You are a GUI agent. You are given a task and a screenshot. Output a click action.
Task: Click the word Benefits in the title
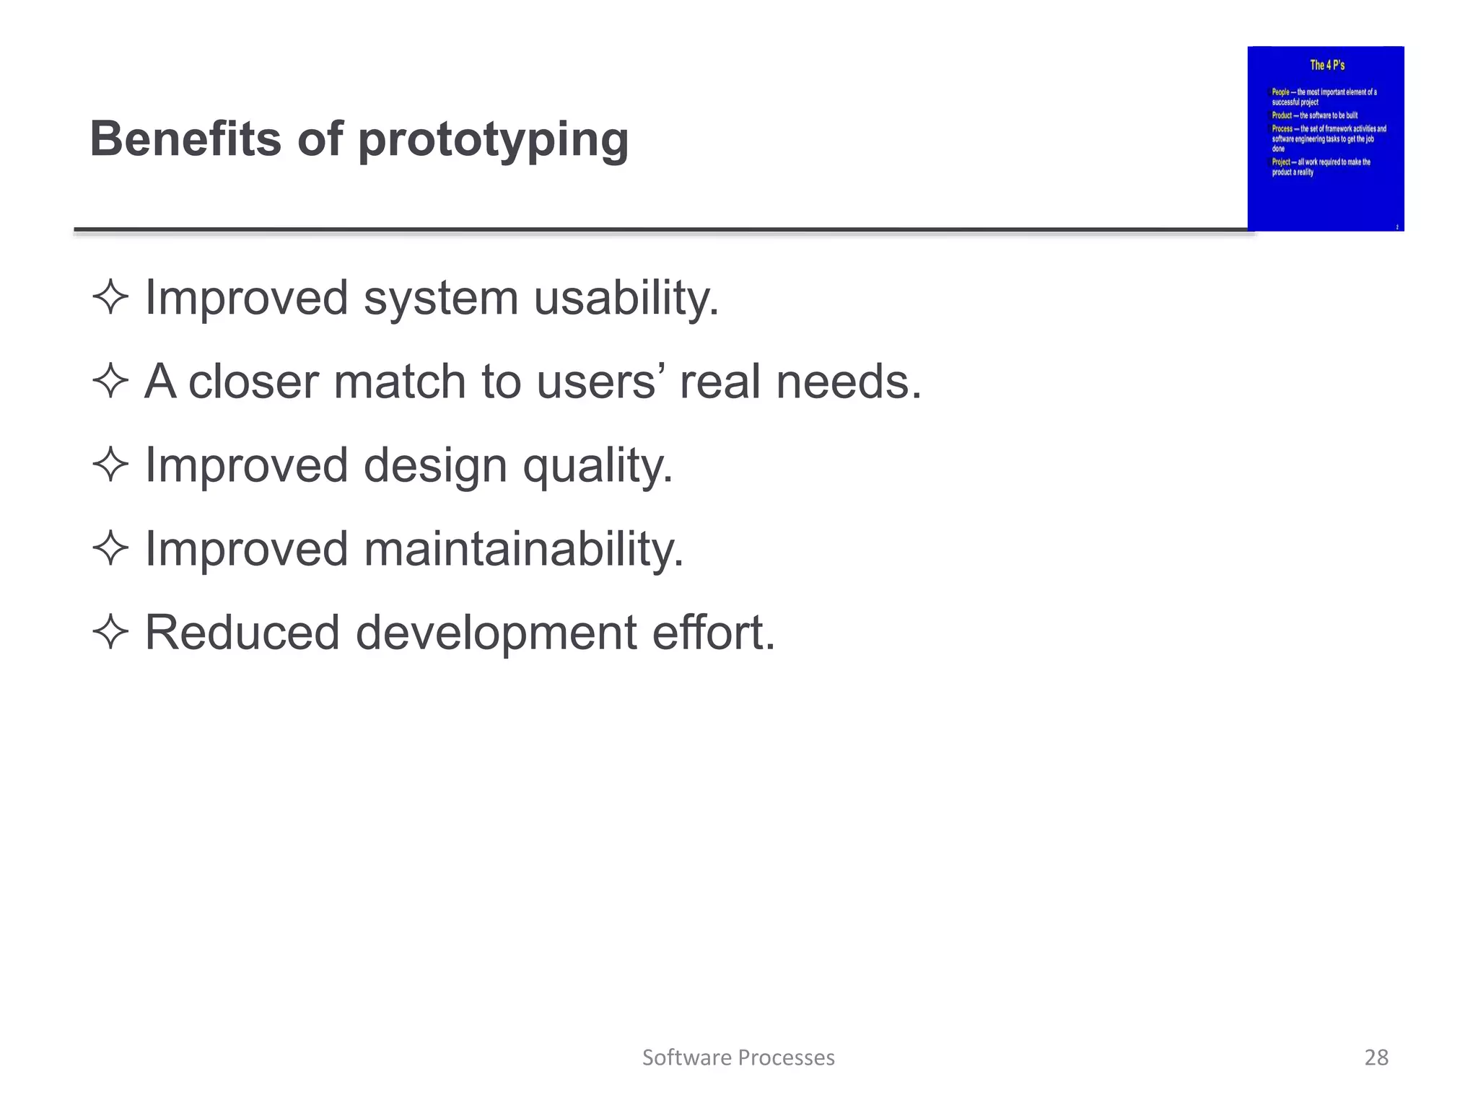pyautogui.click(x=186, y=138)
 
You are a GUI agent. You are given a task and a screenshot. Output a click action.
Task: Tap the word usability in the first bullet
pyautogui.click(x=626, y=298)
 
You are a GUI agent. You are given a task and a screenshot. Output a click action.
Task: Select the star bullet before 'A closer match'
pyautogui.click(x=110, y=381)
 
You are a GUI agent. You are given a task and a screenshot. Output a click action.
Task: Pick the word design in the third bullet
pyautogui.click(x=435, y=466)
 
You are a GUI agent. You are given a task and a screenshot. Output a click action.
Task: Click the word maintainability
pyautogui.click(x=523, y=550)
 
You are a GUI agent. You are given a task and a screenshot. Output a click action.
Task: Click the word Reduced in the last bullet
pyautogui.click(x=242, y=633)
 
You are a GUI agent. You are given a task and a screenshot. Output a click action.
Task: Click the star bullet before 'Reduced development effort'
pyautogui.click(x=110, y=632)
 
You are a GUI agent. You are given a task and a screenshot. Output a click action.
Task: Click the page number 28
pyautogui.click(x=1376, y=1058)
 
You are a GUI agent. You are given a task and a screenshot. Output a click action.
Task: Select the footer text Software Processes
pyautogui.click(x=738, y=1058)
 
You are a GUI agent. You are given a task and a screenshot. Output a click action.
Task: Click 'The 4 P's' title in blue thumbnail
pyautogui.click(x=1327, y=65)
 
